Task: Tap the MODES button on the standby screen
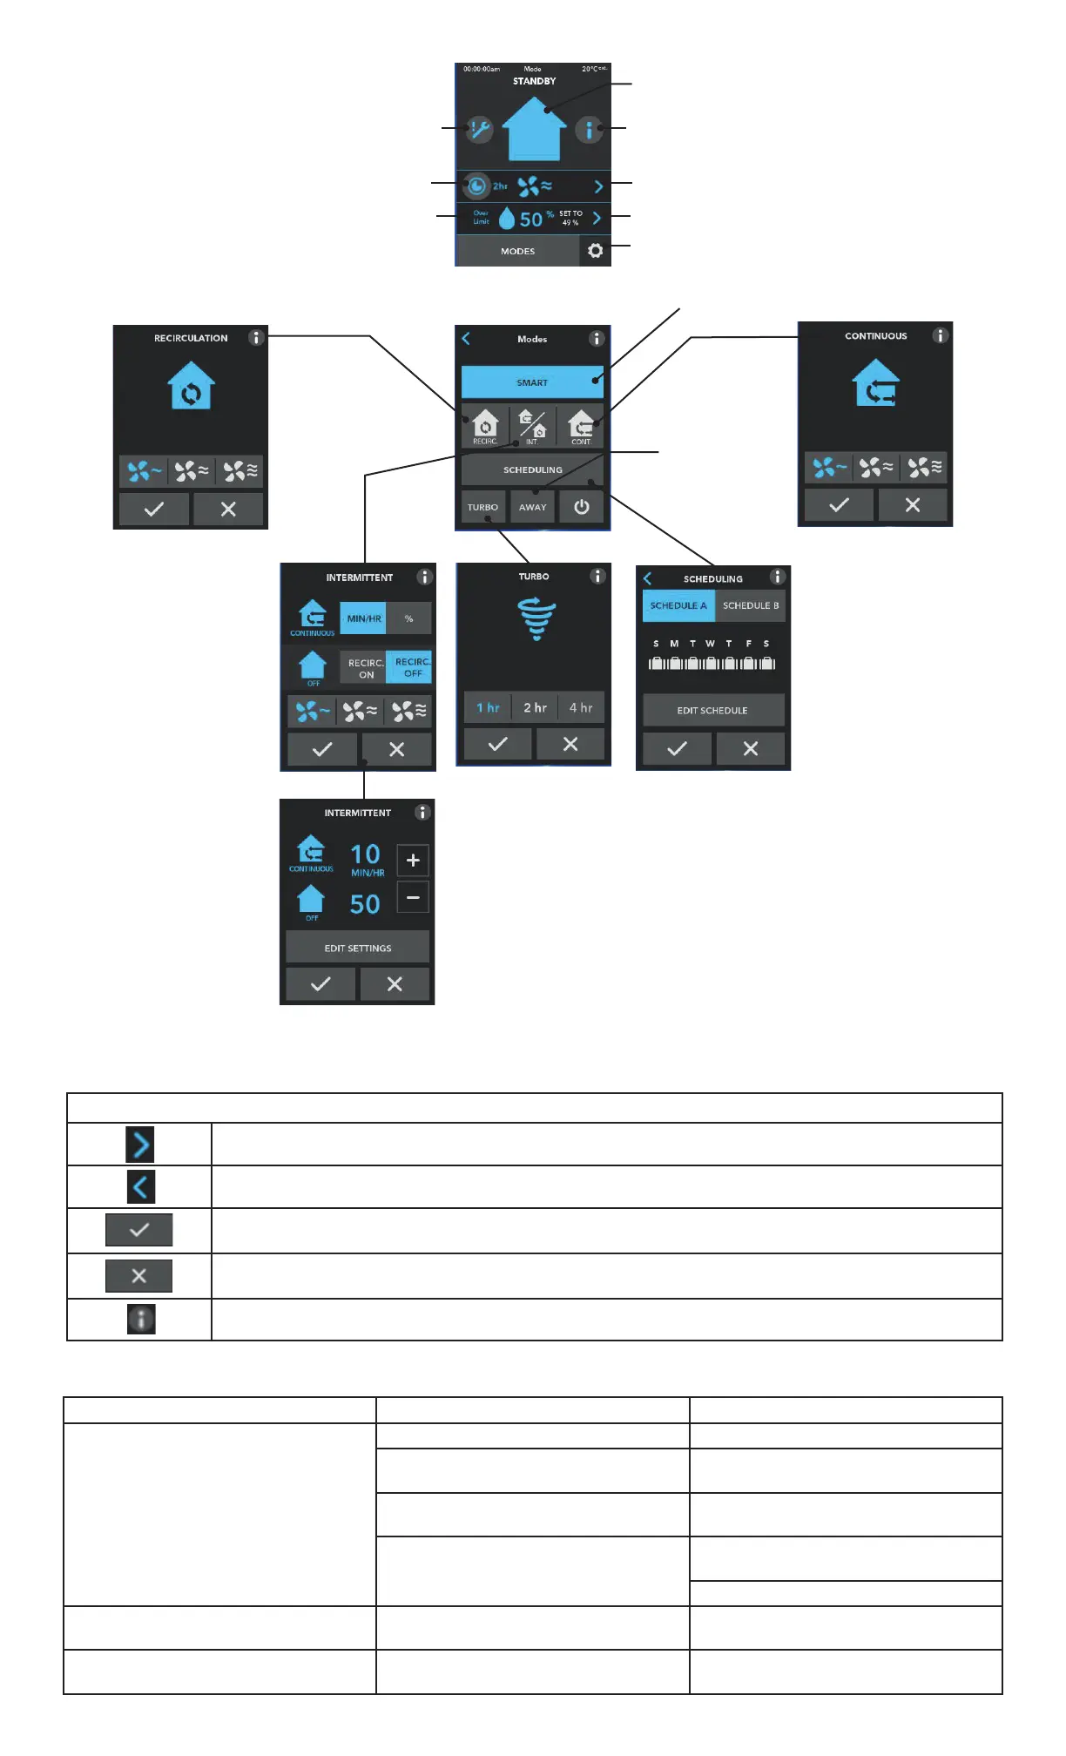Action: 517,251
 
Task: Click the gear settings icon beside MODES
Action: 595,251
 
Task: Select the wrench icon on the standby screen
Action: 478,130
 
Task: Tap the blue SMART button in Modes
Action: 531,382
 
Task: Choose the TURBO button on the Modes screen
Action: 482,507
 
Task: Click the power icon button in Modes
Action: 582,507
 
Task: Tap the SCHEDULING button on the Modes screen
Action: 532,469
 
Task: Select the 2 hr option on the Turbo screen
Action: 535,708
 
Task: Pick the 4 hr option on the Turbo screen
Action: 581,708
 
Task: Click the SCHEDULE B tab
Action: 750,605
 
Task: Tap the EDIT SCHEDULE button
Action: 712,710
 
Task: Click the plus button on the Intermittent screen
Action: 413,860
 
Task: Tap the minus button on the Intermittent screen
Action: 413,897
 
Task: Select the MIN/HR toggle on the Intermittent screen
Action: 363,618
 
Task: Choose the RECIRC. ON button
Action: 366,668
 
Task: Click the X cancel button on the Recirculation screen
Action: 228,510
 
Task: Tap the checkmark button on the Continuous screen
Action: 839,505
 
